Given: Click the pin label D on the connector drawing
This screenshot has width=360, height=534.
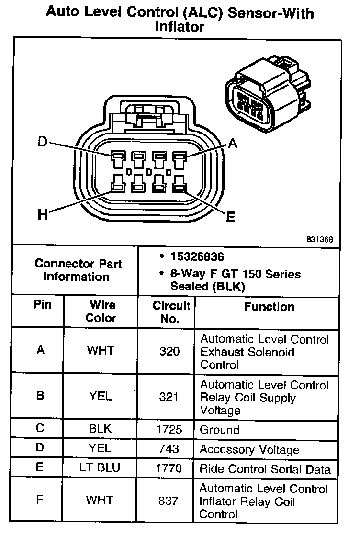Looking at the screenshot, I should click(43, 142).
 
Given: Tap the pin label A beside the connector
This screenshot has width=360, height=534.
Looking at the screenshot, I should click(232, 143).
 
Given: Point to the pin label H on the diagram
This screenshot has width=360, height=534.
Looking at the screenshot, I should click(43, 215).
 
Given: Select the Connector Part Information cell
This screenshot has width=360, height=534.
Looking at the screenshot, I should click(78, 270).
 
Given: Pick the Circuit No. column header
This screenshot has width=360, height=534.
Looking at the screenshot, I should click(170, 312).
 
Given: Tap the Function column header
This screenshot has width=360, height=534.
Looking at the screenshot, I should click(270, 306).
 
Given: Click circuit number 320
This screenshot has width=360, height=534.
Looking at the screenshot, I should click(169, 352).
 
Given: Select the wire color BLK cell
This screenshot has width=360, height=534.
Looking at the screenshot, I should click(100, 429).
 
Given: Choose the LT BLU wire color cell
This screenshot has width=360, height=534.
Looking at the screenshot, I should click(100, 468).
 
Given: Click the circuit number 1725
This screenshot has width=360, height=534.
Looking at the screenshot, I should click(169, 429).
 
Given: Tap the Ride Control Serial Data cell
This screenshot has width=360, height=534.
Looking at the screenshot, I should click(265, 469).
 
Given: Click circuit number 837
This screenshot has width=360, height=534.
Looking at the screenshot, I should click(169, 501).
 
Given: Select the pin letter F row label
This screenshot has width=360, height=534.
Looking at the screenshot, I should click(40, 500).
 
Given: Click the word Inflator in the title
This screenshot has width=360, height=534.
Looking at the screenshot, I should click(180, 27).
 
